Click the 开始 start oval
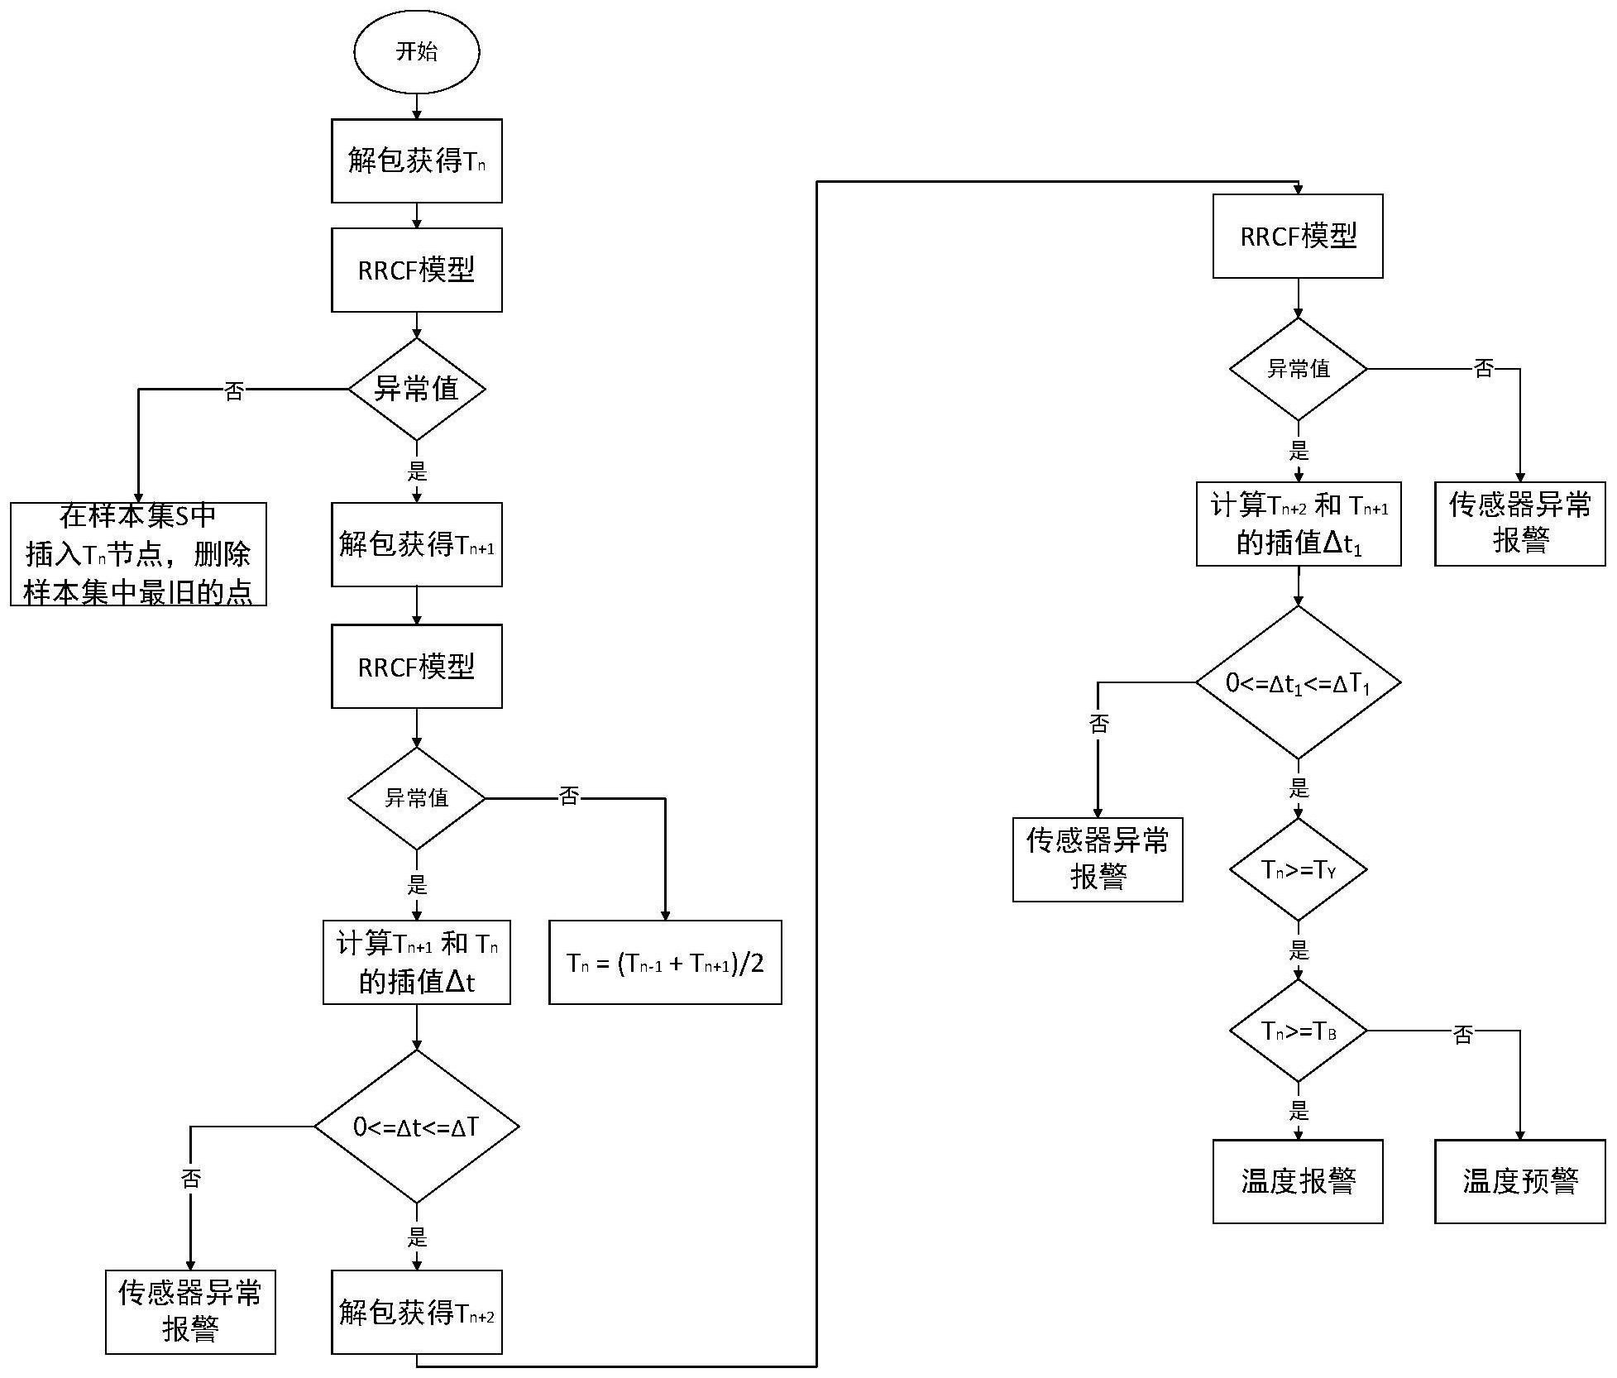tap(416, 51)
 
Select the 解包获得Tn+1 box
tap(416, 544)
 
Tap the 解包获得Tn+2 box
tap(416, 1312)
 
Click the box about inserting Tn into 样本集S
tap(138, 553)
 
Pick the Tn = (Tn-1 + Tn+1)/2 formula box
tap(665, 962)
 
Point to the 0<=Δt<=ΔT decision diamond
tap(416, 1126)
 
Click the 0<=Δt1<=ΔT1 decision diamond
tap(1298, 682)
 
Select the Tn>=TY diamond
tap(1298, 869)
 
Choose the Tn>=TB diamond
tap(1298, 1031)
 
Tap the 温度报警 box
tap(1298, 1181)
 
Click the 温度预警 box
tap(1519, 1181)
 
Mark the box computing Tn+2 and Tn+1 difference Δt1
tap(1298, 524)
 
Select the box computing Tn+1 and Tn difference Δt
tap(416, 962)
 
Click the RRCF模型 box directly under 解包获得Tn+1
tap(416, 666)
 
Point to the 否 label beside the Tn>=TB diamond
tap(1462, 1034)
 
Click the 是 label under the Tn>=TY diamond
tap(1299, 950)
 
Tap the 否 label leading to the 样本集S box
tap(234, 391)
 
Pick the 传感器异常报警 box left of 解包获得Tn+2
tap(190, 1312)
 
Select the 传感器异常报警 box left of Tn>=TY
tap(1098, 859)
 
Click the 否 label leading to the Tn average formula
tap(569, 797)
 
